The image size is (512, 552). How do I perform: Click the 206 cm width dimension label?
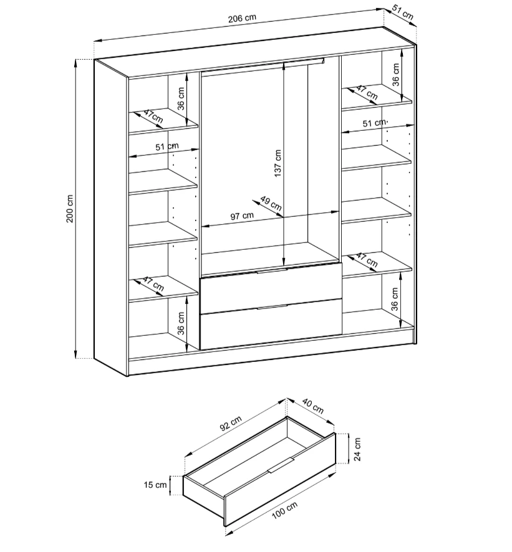click(x=242, y=18)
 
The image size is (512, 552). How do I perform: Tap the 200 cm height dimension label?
click(x=70, y=209)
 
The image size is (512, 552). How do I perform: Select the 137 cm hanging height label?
click(x=278, y=163)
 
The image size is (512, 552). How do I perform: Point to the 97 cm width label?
click(x=242, y=216)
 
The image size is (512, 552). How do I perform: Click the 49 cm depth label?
click(x=271, y=202)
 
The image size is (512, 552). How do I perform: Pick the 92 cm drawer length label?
click(x=231, y=423)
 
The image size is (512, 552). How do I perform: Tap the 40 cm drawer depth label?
click(x=312, y=406)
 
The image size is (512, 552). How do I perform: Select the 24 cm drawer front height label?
click(x=357, y=449)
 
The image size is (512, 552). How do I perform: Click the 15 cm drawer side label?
click(x=155, y=485)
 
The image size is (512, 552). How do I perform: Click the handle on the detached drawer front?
click(x=281, y=465)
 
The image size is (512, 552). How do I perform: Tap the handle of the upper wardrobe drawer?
click(x=272, y=270)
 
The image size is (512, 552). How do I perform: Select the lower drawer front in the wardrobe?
click(x=271, y=324)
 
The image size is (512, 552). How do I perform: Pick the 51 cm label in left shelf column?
click(x=167, y=146)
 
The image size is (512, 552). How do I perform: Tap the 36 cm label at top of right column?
click(x=396, y=75)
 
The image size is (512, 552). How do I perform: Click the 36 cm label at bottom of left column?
click(x=181, y=323)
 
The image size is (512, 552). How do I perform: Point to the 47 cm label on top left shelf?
click(x=153, y=117)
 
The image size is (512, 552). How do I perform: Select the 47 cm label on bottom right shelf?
click(x=367, y=260)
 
